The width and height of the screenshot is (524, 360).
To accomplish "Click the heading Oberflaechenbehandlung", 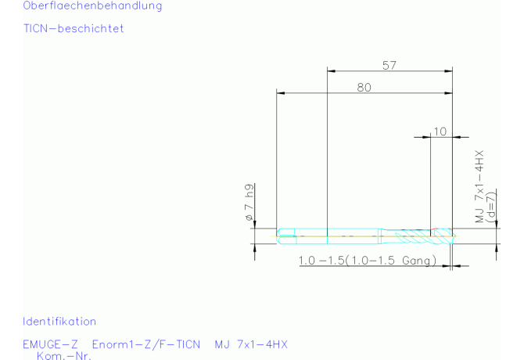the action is [x=92, y=5].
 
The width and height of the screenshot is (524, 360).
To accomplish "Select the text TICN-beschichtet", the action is [x=74, y=28].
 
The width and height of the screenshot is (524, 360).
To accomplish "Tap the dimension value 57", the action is [x=389, y=65].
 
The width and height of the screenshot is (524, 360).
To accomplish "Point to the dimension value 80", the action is [x=364, y=87].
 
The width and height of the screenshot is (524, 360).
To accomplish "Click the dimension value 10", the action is [x=440, y=131].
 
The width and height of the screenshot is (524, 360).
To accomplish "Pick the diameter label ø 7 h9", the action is [x=249, y=202].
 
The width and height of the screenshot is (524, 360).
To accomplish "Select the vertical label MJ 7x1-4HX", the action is [x=479, y=186].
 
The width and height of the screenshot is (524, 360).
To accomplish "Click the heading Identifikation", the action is [x=59, y=321].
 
